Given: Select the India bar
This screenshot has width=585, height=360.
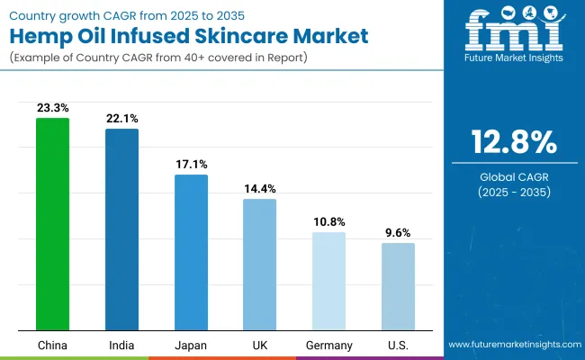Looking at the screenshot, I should (121, 229).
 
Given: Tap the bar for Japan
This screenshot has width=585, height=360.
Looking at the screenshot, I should (191, 252).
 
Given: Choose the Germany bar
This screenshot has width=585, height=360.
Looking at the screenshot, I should (328, 281).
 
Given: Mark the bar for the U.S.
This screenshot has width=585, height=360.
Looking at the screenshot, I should (398, 286).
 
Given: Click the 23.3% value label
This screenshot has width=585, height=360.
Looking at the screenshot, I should (52, 107).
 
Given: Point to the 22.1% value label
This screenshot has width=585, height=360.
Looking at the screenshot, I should (121, 118).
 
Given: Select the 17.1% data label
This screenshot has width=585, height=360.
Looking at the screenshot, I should (191, 164).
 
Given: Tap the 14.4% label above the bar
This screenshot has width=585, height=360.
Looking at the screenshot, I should (260, 188).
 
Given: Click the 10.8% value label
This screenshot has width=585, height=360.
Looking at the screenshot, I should (328, 221).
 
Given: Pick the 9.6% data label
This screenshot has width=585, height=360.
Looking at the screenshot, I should (398, 232).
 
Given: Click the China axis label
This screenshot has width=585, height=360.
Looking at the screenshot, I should (52, 345).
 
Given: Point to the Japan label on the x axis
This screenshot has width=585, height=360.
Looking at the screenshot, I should (191, 345).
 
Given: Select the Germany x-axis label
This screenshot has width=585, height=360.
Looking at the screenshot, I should (328, 345).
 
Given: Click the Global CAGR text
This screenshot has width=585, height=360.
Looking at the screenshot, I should (513, 177).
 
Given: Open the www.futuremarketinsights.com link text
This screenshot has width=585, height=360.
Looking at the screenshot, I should (513, 345).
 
